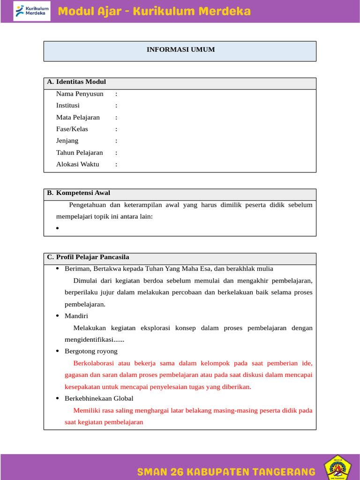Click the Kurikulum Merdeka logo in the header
pyautogui.click(x=32, y=12)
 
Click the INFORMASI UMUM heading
pyautogui.click(x=180, y=50)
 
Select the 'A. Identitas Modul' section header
pyautogui.click(x=76, y=82)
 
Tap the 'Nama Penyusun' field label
pyautogui.click(x=80, y=94)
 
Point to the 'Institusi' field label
pyautogui.click(x=68, y=105)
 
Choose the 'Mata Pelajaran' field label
pyautogui.click(x=78, y=117)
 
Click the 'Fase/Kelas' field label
pyautogui.click(x=72, y=129)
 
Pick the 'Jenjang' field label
pyautogui.click(x=67, y=141)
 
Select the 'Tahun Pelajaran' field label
pyautogui.click(x=80, y=152)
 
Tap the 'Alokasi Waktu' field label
pyautogui.click(x=78, y=164)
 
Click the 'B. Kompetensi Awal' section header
pyautogui.click(x=79, y=193)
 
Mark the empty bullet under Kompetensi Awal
pyautogui.click(x=57, y=228)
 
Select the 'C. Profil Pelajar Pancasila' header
pyautogui.click(x=88, y=257)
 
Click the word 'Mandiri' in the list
pyautogui.click(x=76, y=316)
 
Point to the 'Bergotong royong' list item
pyautogui.click(x=91, y=351)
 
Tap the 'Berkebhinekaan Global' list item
pyautogui.click(x=99, y=398)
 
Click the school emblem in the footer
pyautogui.click(x=338, y=467)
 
